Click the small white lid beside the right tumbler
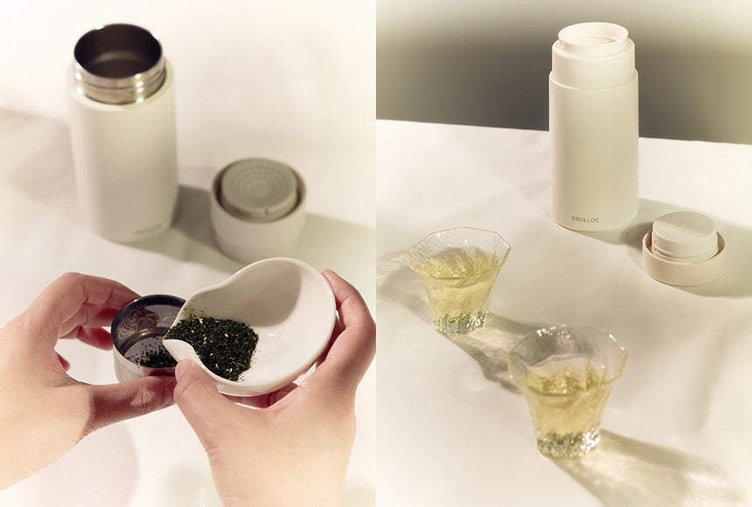click(684, 245)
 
